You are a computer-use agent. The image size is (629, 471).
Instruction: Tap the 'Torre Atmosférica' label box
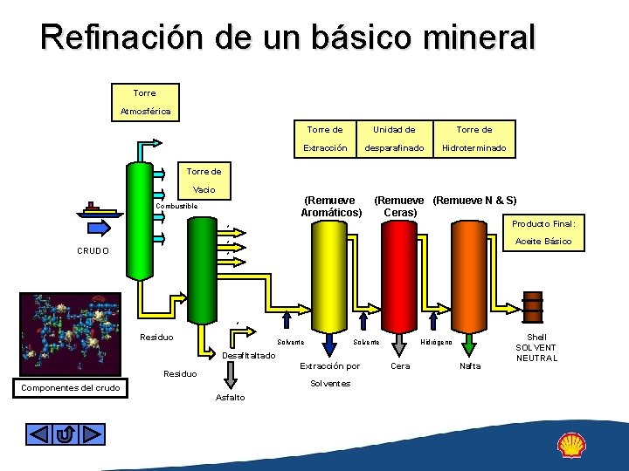[144, 102]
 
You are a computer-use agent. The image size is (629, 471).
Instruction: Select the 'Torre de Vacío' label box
[203, 181]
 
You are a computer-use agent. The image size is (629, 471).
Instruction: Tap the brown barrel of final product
[530, 307]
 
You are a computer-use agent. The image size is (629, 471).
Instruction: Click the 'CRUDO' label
[92, 251]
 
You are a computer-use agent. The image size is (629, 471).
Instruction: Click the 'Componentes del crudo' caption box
[71, 386]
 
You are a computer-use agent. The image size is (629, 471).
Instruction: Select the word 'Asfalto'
[230, 398]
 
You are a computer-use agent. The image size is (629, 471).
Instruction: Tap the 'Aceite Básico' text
[543, 241]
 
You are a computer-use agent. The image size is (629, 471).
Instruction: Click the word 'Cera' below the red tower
[400, 366]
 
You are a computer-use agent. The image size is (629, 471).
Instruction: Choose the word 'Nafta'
[470, 367]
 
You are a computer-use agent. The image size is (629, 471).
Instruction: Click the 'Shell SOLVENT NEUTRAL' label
[536, 347]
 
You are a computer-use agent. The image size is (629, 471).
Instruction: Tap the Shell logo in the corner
[573, 445]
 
